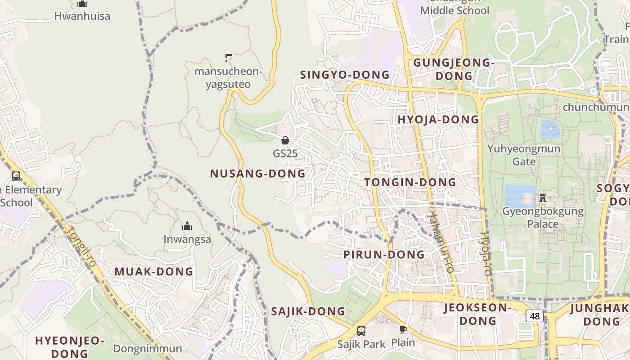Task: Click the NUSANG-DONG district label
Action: click(257, 174)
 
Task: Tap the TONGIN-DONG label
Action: click(410, 182)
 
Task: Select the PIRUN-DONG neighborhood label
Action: click(384, 255)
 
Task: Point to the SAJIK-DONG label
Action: click(308, 311)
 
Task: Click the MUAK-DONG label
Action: click(153, 272)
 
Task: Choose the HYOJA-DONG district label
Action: click(438, 120)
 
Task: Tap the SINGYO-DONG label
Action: click(345, 75)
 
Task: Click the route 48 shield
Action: click(535, 316)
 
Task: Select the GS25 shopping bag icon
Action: click(285, 140)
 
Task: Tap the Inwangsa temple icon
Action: click(187, 226)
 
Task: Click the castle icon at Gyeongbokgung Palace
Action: click(542, 198)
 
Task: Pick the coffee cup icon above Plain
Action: click(403, 329)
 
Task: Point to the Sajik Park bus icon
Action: click(361, 331)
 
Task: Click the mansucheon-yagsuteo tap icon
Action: click(228, 58)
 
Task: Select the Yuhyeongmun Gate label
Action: click(524, 155)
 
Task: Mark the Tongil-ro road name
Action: click(82, 245)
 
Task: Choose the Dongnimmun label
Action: click(148, 349)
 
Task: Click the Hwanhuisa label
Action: click(82, 16)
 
